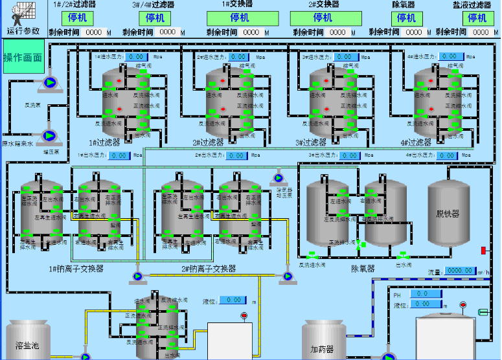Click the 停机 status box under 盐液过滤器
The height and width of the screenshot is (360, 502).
[x=477, y=18]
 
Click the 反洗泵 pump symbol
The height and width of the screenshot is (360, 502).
[x=49, y=83]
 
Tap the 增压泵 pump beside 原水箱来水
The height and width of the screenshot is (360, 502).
[x=49, y=136]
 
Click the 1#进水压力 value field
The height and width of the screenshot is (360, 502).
[x=137, y=57]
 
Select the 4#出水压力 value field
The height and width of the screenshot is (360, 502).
[x=446, y=155]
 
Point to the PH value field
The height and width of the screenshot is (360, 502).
[x=428, y=294]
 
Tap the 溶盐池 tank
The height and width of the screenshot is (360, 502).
[x=28, y=341]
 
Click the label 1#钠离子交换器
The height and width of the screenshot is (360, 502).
[x=76, y=269]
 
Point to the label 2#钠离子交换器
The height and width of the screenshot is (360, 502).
[x=208, y=269]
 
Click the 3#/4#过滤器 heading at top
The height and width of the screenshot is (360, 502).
[x=153, y=5]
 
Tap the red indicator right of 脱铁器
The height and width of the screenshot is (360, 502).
[x=483, y=251]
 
